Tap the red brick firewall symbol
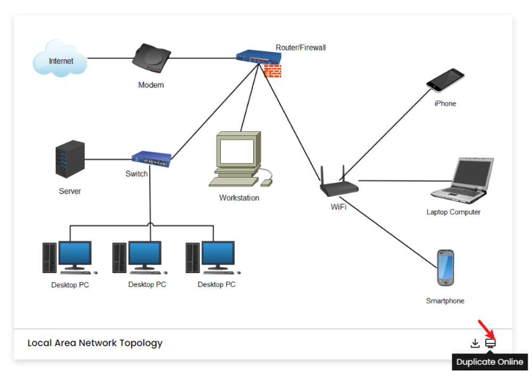coord(272,71)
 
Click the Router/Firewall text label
coord(301,47)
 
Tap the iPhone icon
coord(445,80)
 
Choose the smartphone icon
coord(445,268)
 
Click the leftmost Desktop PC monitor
coord(74,255)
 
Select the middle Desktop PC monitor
coord(144,255)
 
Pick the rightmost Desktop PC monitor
coord(217,255)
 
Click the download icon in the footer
coord(475,343)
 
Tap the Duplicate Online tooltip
coord(489,362)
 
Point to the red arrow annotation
coord(484,328)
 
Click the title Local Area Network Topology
coord(95,343)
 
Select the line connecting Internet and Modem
coord(110,58)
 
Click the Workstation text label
coord(239,198)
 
